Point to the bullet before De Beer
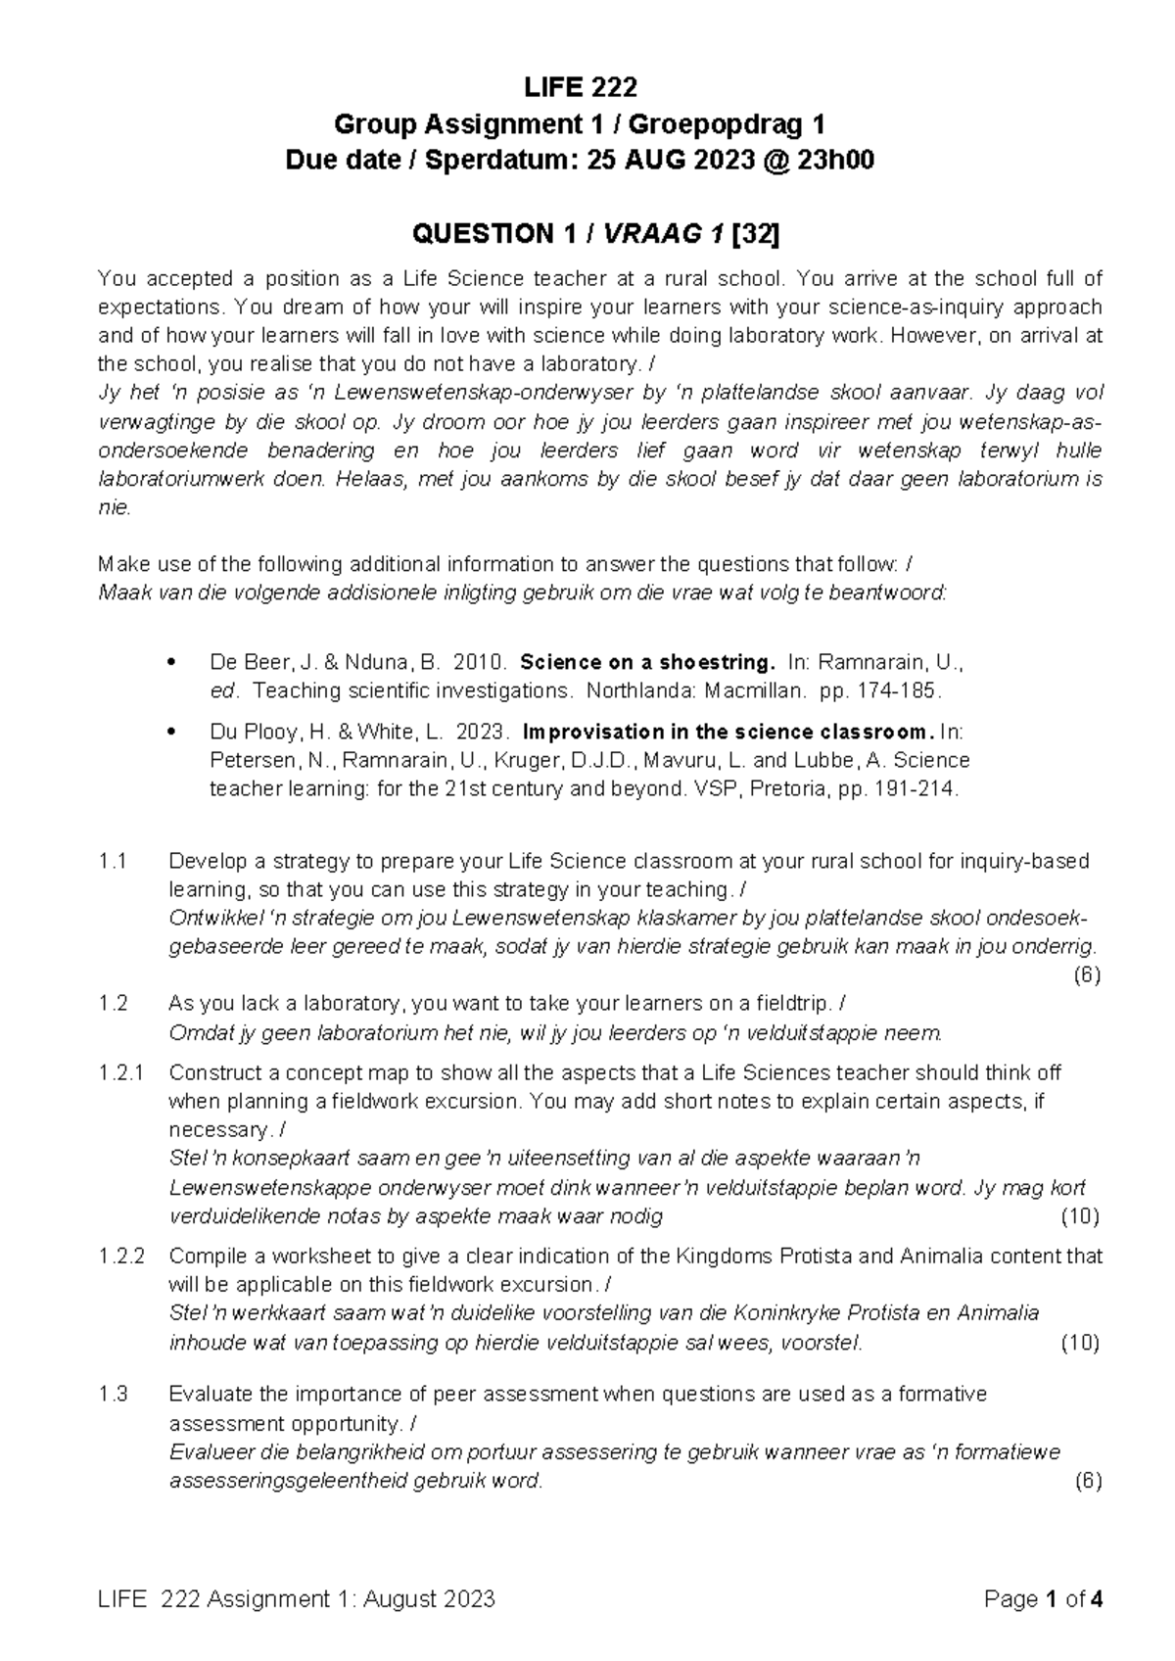click(172, 662)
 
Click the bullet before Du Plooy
click(172, 733)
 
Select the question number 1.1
click(114, 862)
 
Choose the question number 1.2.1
click(122, 1072)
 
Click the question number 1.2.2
click(122, 1256)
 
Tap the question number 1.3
click(114, 1394)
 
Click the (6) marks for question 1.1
click(1087, 975)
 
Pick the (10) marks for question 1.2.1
click(1080, 1217)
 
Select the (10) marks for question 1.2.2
click(1080, 1343)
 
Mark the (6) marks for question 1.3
click(1087, 1481)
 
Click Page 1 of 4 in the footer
click(1045, 1600)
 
